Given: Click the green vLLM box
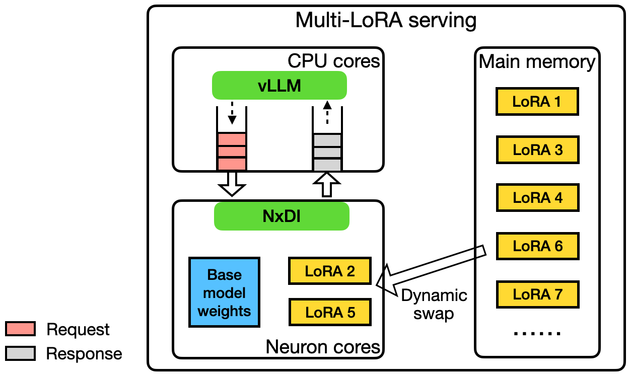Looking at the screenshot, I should tap(280, 85).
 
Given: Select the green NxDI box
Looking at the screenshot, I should tap(282, 216).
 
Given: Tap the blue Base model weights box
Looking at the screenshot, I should tap(224, 293).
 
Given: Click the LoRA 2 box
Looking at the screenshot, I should tap(330, 271).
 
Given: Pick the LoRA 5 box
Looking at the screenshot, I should tap(330, 312).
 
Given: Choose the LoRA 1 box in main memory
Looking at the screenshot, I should tap(537, 102).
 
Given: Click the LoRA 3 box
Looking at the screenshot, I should tap(537, 149).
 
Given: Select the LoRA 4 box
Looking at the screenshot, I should tap(537, 197).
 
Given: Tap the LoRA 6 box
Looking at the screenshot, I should tap(537, 246).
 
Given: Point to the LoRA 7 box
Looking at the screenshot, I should tap(537, 294).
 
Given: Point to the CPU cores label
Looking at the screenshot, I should tap(333, 61).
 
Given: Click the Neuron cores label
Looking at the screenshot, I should tap(322, 346).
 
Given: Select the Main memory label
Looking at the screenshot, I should tap(537, 61).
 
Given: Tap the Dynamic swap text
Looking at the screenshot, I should tap(434, 304).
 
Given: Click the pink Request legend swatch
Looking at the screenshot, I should tap(20, 329).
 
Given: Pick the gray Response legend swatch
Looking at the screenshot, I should tap(20, 353).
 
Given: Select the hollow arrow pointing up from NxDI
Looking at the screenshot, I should tap(327, 185).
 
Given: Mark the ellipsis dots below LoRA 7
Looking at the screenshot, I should tap(537, 333).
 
